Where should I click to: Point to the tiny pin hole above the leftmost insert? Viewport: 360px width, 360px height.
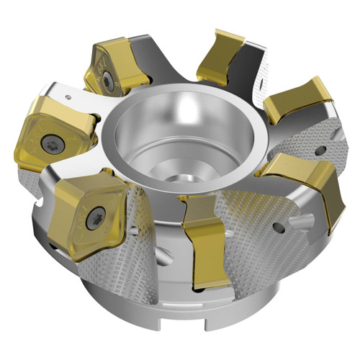[69, 94]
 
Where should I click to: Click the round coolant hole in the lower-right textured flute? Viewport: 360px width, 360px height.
[278, 228]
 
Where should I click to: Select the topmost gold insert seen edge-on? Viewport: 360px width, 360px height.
[220, 54]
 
